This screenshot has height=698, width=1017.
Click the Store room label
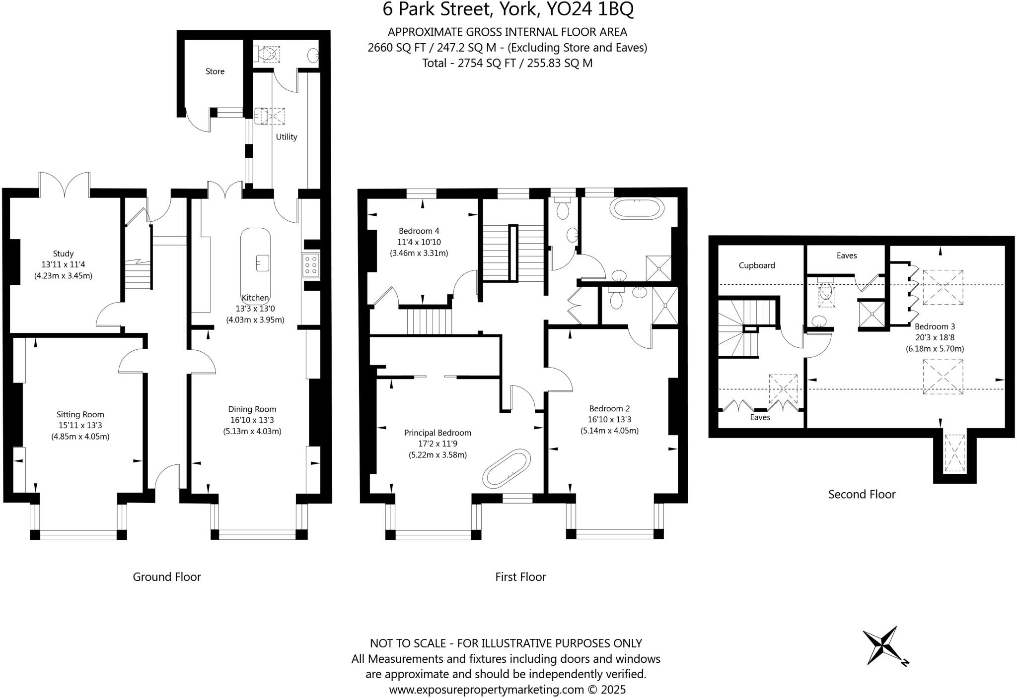point(215,71)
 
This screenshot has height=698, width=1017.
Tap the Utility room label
point(287,137)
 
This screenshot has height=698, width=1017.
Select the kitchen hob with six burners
point(311,264)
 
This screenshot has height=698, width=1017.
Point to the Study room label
point(63,254)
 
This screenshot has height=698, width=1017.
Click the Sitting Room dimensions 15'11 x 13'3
point(80,426)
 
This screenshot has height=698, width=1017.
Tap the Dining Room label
point(252,409)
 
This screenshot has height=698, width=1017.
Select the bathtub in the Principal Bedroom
point(506,468)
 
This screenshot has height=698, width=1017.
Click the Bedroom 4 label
point(419,231)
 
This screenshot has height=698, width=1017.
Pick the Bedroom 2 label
point(609,409)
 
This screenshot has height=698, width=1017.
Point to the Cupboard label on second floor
point(756,265)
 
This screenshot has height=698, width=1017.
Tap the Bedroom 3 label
point(935,326)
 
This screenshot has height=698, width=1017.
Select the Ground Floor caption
point(167,577)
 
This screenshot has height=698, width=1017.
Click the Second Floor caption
point(862,494)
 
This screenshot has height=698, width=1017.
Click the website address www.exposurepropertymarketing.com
point(486,690)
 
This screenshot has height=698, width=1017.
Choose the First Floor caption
point(520,577)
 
